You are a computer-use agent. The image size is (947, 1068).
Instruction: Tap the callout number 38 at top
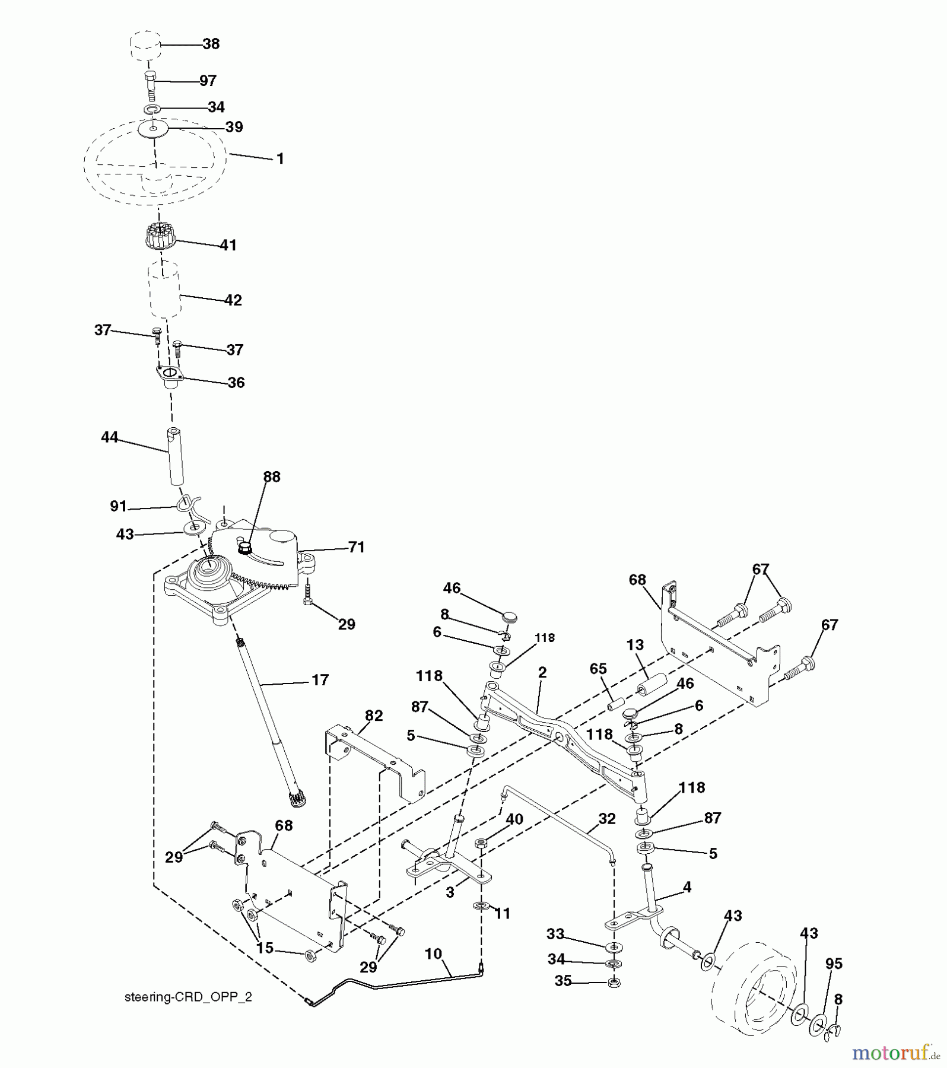tap(211, 44)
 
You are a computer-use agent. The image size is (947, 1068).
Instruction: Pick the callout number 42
tap(233, 300)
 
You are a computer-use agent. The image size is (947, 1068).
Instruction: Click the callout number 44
tap(110, 437)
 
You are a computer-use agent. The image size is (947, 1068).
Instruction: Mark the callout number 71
tap(356, 547)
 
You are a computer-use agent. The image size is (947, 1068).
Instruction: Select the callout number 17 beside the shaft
tap(320, 680)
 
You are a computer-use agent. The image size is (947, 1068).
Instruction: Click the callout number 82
tap(374, 716)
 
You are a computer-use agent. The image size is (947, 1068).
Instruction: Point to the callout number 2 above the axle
tap(542, 672)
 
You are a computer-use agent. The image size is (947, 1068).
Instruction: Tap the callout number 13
tap(635, 645)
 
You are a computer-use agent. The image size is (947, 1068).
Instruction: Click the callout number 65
tap(598, 669)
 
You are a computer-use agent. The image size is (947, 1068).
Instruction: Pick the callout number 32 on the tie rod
tap(607, 819)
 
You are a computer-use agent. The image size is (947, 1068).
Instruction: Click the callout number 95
tap(834, 964)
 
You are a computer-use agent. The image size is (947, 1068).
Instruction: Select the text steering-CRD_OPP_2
tap(188, 997)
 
